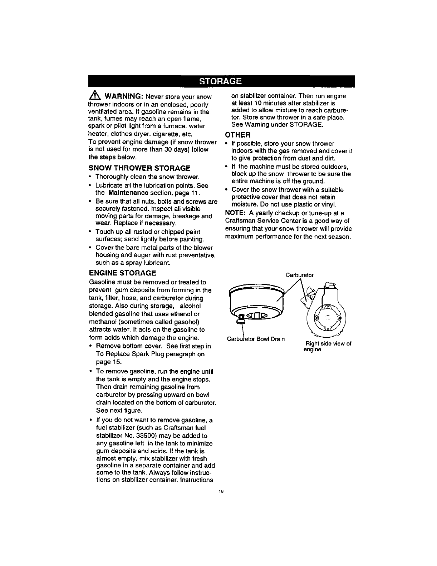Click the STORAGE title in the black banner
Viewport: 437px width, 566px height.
pyautogui.click(x=220, y=81)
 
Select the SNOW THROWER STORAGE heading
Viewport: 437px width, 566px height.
pyautogui.click(x=139, y=168)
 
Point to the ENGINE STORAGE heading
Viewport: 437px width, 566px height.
pyautogui.click(x=122, y=273)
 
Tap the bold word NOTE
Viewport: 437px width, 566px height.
pyautogui.click(x=234, y=213)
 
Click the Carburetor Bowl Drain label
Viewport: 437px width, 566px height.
pyautogui.click(x=256, y=339)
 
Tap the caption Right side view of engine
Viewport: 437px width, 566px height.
pyautogui.click(x=327, y=346)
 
